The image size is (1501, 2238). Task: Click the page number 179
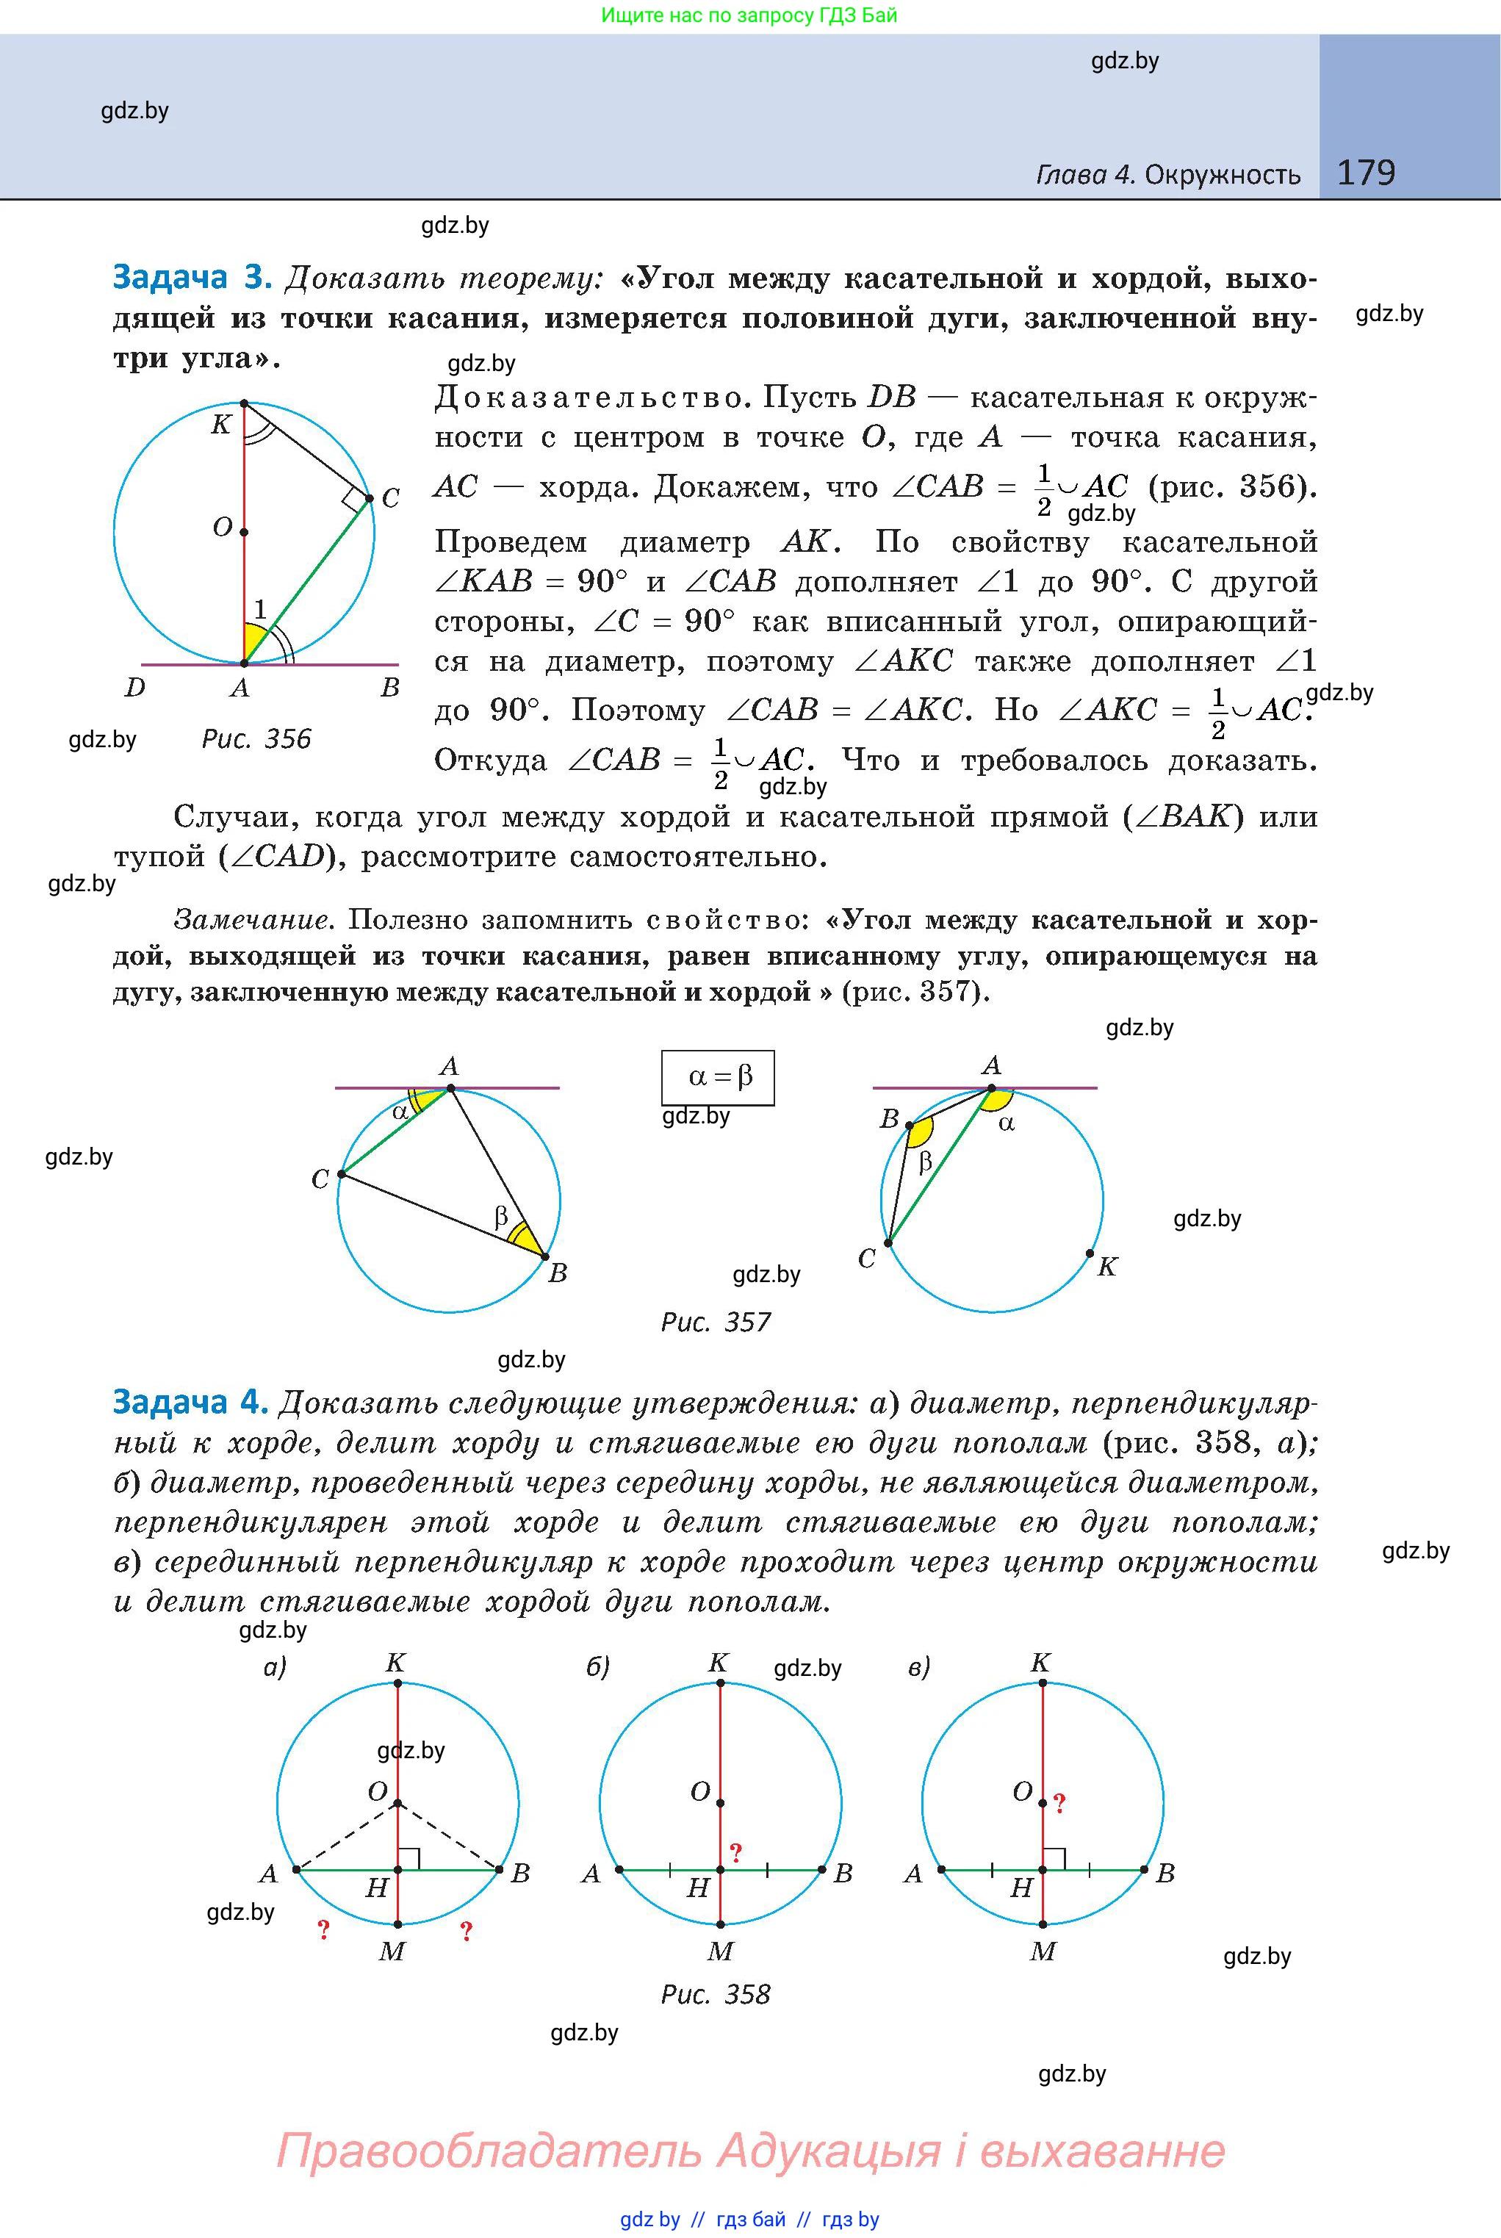(x=1365, y=173)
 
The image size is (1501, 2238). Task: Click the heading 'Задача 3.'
(x=192, y=278)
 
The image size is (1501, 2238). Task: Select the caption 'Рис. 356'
(x=256, y=739)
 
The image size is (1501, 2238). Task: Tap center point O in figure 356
(x=244, y=531)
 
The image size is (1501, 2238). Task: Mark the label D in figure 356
(x=135, y=687)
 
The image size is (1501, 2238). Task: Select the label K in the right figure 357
(x=1106, y=1267)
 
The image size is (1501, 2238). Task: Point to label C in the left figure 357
(x=320, y=1179)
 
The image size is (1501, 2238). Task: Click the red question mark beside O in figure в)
(x=1059, y=1804)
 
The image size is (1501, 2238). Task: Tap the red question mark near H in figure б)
(x=736, y=1852)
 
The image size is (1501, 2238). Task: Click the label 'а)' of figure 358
(x=275, y=1668)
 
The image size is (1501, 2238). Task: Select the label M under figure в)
(x=1043, y=1951)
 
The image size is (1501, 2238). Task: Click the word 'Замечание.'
(x=253, y=920)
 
